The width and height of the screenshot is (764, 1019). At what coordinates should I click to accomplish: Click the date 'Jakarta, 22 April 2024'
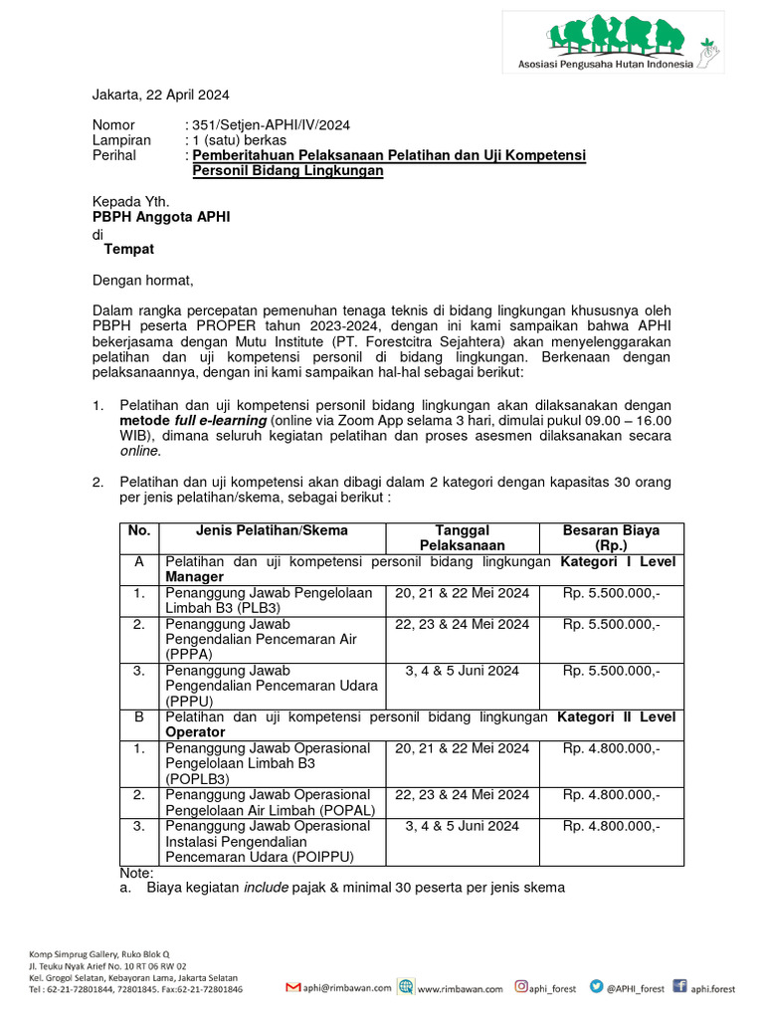[161, 95]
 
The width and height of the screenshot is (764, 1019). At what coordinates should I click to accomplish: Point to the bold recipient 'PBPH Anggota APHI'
[161, 217]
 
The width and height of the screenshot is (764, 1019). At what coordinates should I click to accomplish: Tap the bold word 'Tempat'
[129, 249]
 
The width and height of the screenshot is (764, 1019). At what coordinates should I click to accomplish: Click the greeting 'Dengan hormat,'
[143, 280]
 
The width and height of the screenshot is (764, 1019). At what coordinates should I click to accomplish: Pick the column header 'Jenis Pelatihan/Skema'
[272, 530]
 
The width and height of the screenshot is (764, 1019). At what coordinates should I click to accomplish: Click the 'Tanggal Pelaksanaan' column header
[462, 537]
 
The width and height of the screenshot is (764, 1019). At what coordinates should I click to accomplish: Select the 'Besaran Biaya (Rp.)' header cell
[610, 537]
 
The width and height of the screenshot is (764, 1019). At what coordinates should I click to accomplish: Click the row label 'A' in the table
[138, 562]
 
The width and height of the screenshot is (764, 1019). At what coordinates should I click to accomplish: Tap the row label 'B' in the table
[138, 716]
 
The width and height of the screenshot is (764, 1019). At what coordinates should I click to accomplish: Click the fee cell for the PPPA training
[610, 624]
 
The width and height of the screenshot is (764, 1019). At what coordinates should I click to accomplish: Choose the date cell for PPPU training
[462, 671]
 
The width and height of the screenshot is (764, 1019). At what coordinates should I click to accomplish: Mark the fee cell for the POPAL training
[610, 794]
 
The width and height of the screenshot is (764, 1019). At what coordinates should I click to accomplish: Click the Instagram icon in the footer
[521, 987]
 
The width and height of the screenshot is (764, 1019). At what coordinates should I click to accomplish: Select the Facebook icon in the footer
[680, 987]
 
